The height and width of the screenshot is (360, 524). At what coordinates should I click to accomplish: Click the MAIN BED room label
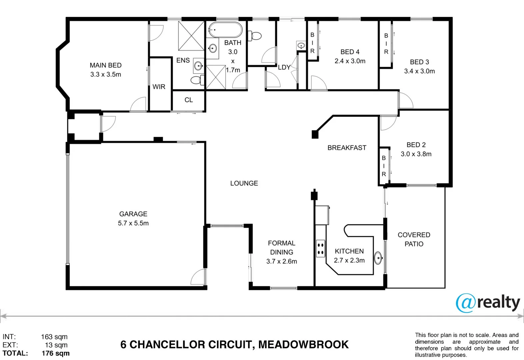(105, 65)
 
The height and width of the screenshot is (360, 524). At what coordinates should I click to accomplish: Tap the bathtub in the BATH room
(225, 30)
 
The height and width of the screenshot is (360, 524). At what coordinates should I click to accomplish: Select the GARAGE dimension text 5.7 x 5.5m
(133, 223)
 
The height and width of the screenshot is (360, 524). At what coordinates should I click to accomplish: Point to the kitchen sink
(378, 258)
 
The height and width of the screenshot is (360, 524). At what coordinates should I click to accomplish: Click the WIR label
(159, 87)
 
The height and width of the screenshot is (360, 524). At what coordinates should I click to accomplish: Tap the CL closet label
(189, 100)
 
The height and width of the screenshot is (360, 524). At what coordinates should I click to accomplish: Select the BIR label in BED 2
(384, 166)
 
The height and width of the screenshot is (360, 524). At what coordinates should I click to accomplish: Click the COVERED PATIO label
(414, 239)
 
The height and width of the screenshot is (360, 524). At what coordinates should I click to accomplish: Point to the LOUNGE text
(244, 183)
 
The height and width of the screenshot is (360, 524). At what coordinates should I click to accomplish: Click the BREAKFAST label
(347, 148)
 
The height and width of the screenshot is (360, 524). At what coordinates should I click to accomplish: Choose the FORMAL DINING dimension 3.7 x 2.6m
(281, 261)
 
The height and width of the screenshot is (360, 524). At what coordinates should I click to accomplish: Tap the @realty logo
(488, 303)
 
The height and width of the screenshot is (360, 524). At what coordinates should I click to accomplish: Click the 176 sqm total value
(55, 353)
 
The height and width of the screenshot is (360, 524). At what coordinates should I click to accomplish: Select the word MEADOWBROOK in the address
(303, 344)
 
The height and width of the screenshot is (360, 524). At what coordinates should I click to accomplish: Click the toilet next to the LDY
(255, 36)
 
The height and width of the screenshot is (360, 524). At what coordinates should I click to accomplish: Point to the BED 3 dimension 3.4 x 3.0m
(419, 71)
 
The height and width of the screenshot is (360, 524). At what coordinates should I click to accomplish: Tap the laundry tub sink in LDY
(301, 45)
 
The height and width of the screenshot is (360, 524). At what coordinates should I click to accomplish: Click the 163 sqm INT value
(54, 337)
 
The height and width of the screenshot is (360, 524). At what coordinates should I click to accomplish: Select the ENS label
(183, 60)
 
